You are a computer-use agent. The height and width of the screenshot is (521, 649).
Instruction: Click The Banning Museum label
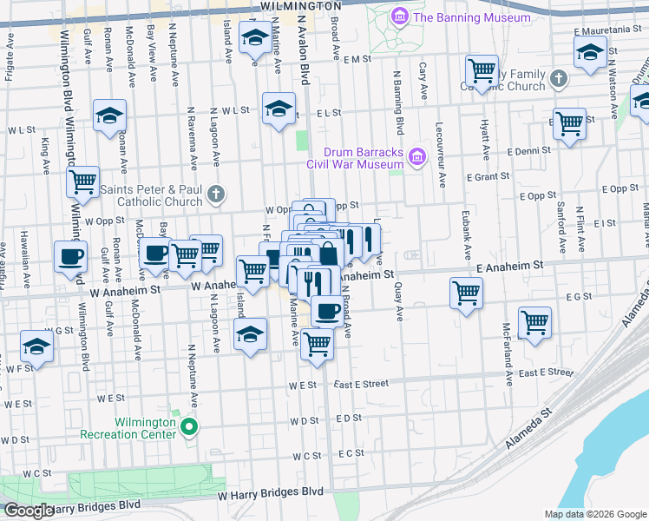pyautogui.click(x=471, y=17)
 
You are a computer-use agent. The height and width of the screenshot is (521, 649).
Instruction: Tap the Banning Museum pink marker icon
pyautogui.click(x=399, y=16)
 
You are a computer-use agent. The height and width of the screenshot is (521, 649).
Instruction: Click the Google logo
pyautogui.click(x=29, y=511)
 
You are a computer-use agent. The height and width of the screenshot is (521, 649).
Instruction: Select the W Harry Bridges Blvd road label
pyautogui.click(x=270, y=492)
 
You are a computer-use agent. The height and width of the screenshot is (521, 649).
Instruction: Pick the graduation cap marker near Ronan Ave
pyautogui.click(x=110, y=115)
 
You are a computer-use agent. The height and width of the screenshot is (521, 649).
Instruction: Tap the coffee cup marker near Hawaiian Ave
pyautogui.click(x=70, y=256)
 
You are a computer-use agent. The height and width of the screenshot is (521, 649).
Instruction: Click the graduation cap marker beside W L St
pyautogui.click(x=279, y=109)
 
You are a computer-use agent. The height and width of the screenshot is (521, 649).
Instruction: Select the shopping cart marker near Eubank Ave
pyautogui.click(x=466, y=293)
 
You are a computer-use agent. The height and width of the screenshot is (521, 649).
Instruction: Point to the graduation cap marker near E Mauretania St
pyautogui.click(x=590, y=53)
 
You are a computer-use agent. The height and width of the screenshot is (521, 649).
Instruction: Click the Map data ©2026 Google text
pyautogui.click(x=593, y=514)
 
